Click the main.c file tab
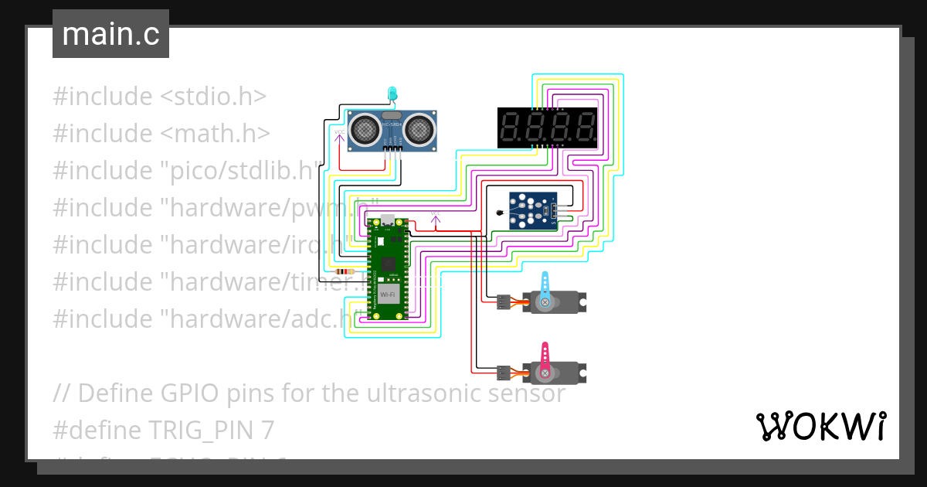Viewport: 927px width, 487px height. tap(110, 35)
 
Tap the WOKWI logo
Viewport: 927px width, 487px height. tap(820, 426)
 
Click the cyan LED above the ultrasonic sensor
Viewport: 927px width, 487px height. tap(392, 93)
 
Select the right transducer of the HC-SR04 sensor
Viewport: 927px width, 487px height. tap(419, 129)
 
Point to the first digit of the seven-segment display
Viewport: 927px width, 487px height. tap(511, 128)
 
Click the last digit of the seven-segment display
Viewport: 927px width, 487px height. tap(583, 128)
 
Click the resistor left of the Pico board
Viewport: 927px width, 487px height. tap(342, 271)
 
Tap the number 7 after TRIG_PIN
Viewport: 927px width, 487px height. tap(268, 430)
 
